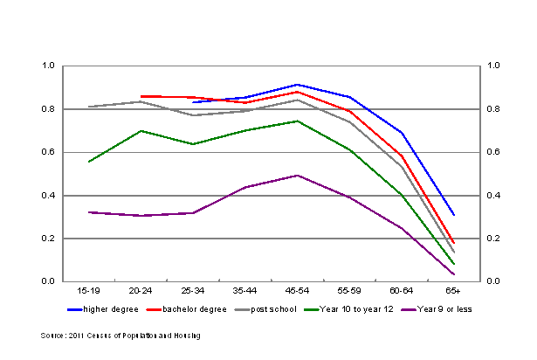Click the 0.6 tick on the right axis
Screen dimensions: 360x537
click(x=493, y=152)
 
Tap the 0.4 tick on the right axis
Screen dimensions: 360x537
click(x=493, y=196)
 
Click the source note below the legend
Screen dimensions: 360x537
click(x=120, y=336)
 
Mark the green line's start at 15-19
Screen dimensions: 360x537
click(x=89, y=162)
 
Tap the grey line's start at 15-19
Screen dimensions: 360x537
click(x=89, y=107)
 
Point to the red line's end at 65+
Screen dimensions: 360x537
click(x=453, y=243)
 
